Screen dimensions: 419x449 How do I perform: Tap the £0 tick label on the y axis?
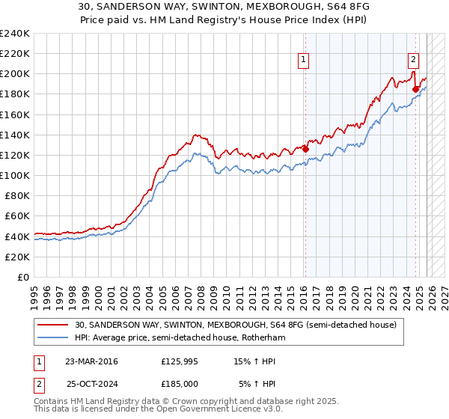coord(22,277)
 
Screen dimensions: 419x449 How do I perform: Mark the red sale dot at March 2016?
coord(305,149)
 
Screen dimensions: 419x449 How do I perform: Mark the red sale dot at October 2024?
coord(416,89)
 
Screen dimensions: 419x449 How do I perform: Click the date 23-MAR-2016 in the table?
coord(91,361)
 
